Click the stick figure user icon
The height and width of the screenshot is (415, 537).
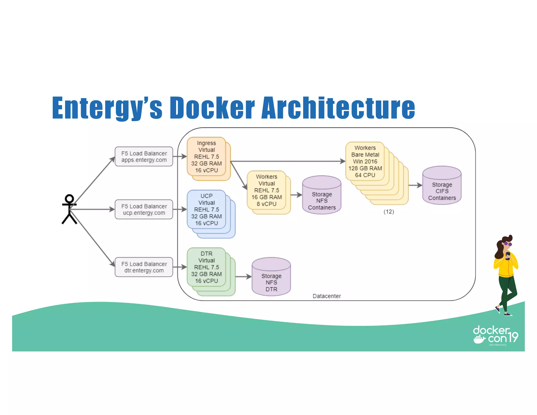(69, 209)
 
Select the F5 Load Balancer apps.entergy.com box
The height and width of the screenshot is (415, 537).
(144, 157)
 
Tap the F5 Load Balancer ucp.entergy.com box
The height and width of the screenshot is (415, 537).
(144, 209)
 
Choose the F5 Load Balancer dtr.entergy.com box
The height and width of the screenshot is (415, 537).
(144, 267)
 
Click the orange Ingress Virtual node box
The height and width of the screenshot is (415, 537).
(206, 157)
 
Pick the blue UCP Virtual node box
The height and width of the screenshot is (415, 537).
(206, 210)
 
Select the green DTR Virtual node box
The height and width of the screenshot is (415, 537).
(206, 267)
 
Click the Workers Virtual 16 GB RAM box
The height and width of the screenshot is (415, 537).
(266, 190)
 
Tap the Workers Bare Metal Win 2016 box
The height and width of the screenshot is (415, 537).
(365, 161)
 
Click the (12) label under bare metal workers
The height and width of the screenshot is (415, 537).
(389, 212)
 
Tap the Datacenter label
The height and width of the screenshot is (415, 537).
(326, 296)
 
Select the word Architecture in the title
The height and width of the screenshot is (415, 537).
(338, 108)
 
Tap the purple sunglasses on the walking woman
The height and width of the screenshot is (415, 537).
(508, 244)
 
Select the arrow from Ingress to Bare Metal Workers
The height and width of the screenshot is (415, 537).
(288, 161)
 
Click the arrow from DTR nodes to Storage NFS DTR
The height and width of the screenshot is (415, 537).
(243, 276)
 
